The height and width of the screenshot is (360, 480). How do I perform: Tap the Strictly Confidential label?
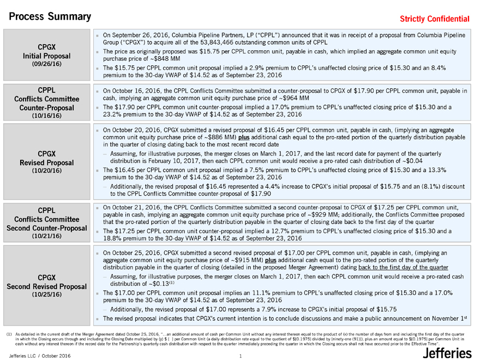[x=434, y=19]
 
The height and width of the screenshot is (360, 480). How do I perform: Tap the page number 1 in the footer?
[x=240, y=356]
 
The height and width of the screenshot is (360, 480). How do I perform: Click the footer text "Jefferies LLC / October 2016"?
[x=37, y=356]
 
